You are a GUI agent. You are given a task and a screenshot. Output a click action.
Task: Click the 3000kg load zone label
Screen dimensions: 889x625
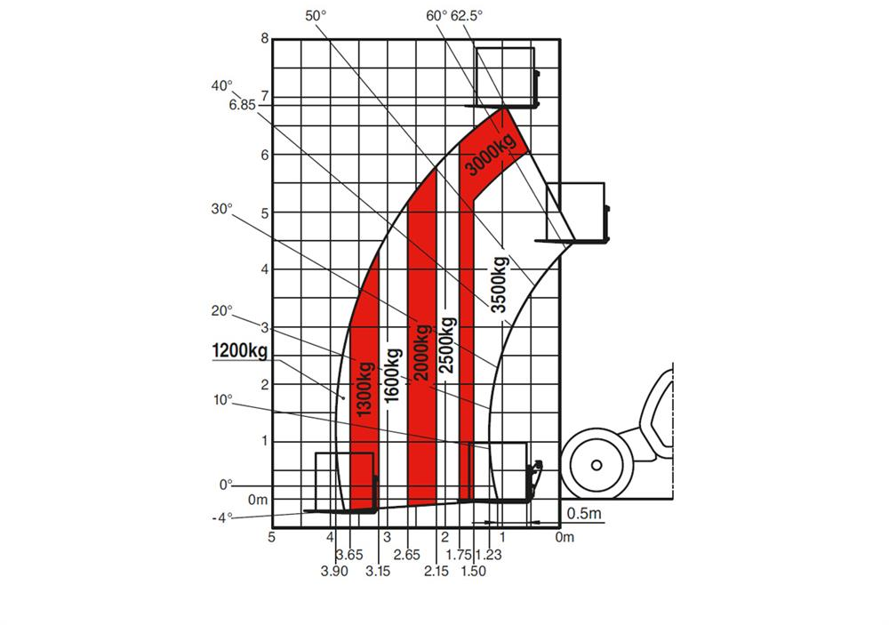(x=491, y=153)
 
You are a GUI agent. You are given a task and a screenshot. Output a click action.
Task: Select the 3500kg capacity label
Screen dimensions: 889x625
(x=500, y=284)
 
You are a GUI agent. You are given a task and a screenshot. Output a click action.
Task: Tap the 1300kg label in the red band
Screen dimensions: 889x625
(x=364, y=389)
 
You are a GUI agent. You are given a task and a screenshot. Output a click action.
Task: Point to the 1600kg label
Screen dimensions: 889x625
(x=392, y=375)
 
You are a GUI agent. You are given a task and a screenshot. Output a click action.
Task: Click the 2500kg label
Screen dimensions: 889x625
(x=447, y=345)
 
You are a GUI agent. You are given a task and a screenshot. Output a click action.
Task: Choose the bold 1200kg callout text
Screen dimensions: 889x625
(x=239, y=351)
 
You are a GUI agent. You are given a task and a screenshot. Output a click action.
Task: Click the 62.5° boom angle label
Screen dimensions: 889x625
(x=467, y=16)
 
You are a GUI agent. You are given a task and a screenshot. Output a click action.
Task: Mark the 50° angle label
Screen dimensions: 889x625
(x=316, y=16)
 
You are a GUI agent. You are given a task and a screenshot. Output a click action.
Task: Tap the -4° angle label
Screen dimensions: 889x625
(x=222, y=517)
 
